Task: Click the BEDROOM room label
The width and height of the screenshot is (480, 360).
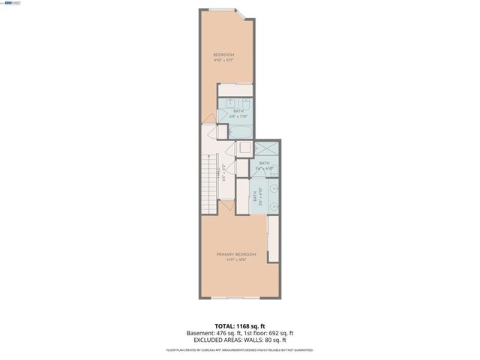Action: [223, 55]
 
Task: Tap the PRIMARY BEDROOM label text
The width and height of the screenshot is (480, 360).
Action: [232, 254]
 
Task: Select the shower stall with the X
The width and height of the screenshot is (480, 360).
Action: [263, 150]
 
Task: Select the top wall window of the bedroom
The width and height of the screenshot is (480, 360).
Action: [220, 10]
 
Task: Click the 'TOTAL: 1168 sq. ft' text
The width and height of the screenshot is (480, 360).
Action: [239, 326]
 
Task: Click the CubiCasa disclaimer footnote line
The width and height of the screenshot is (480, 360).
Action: [239, 350]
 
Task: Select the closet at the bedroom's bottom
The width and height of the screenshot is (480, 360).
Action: [235, 91]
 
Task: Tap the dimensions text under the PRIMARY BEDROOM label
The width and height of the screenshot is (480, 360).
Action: [232, 260]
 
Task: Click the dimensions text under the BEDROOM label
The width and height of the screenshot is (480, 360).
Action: [223, 61]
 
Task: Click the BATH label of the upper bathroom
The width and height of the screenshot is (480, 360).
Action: [237, 111]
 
